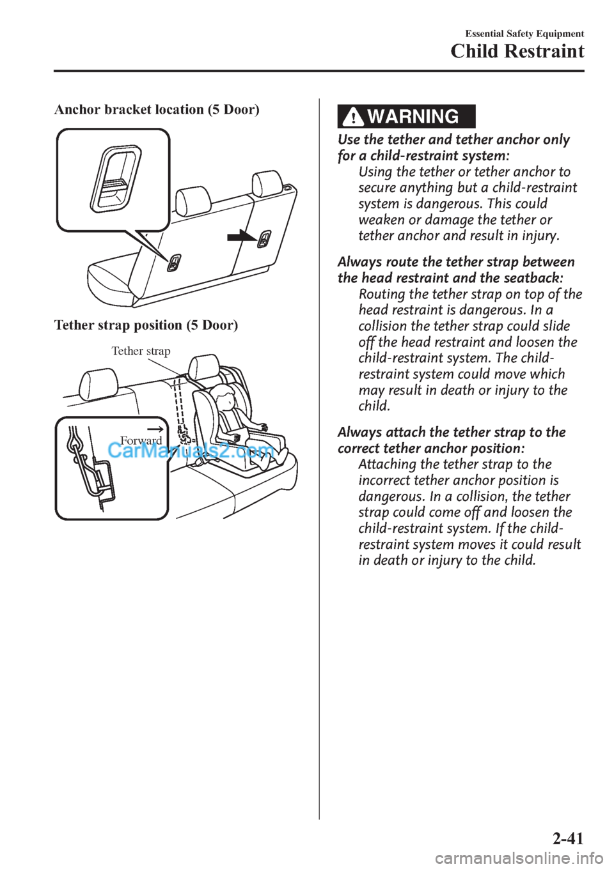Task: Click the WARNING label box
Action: [407, 117]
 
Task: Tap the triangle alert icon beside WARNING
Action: [352, 118]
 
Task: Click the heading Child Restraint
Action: [517, 52]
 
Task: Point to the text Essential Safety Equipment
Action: [524, 34]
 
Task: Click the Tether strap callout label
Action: [141, 351]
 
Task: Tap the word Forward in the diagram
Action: [141, 441]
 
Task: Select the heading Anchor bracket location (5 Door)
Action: [157, 109]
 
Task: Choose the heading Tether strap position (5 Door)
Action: [146, 325]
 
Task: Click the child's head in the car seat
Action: [226, 401]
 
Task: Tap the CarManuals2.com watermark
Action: [191, 452]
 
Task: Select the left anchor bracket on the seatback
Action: [175, 262]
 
